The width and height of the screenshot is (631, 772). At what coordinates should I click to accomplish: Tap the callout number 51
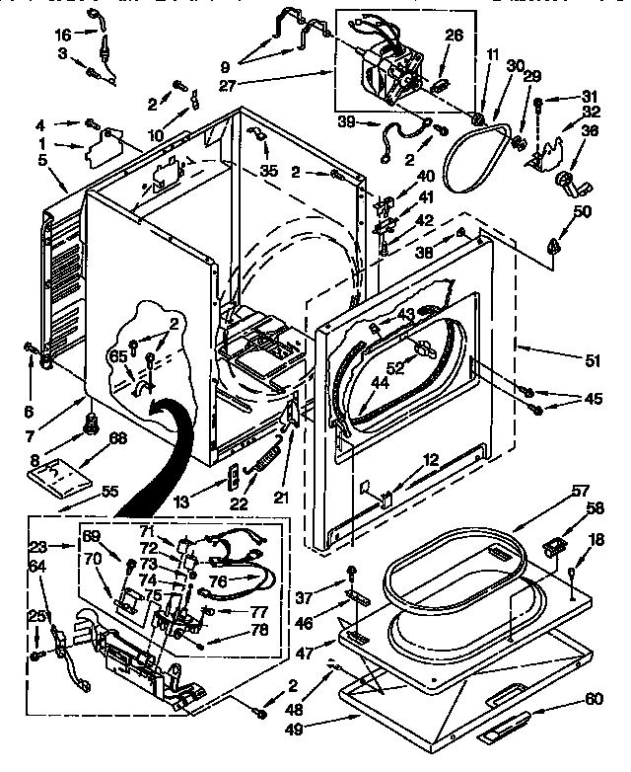pos(592,360)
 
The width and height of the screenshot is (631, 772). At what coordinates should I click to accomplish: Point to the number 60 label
pos(593,699)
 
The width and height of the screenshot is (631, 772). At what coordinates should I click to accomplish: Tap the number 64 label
pos(37,566)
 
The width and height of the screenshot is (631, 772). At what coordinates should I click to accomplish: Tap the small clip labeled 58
pos(555,544)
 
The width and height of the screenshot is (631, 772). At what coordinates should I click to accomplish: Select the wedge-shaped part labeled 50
pos(556,242)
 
